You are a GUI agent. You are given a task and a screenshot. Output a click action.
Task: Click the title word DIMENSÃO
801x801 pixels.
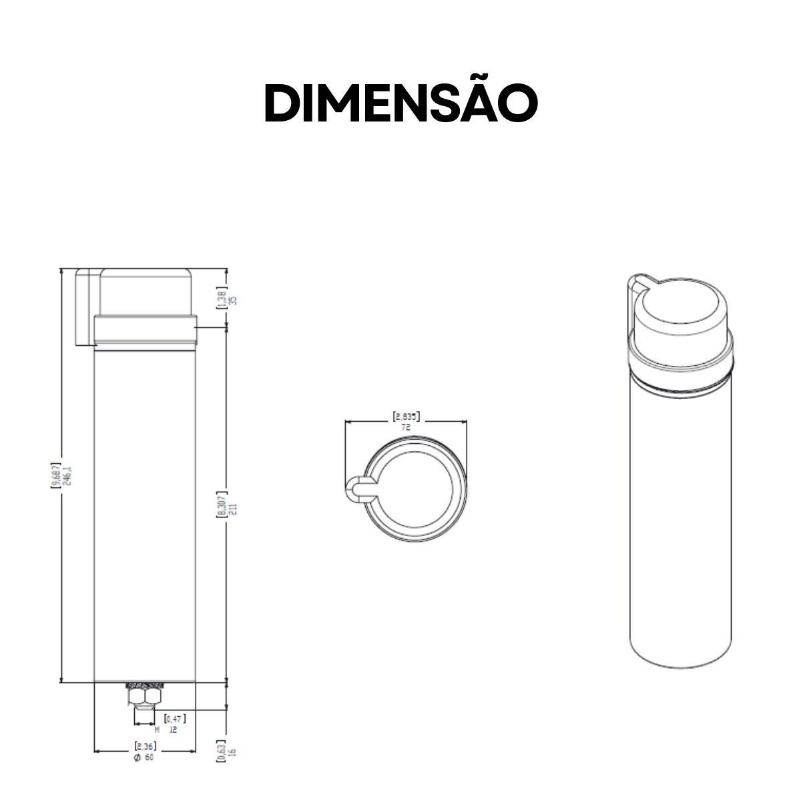[x=400, y=103]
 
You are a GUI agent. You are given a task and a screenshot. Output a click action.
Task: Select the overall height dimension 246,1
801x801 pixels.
[x=61, y=475]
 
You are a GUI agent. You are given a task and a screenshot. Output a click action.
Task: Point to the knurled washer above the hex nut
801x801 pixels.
[x=145, y=685]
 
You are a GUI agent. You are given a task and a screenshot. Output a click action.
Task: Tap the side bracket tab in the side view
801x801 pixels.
[x=84, y=307]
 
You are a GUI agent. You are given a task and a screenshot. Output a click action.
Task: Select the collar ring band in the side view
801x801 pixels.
[x=145, y=331]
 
